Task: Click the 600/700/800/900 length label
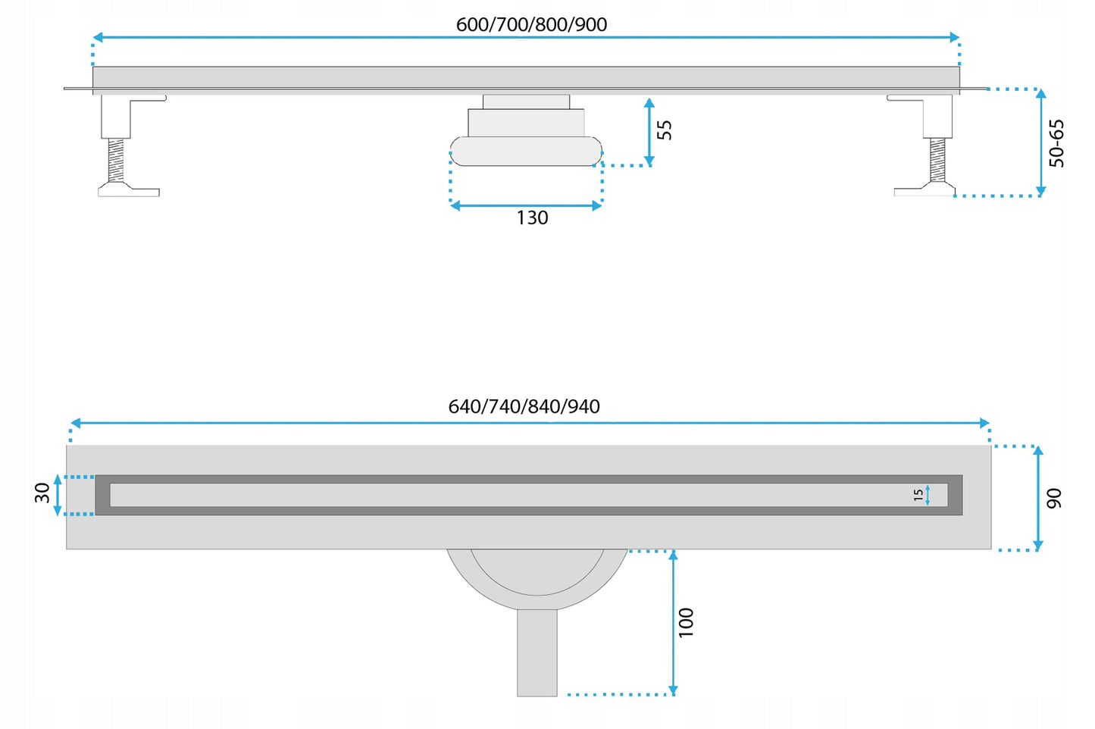[531, 24]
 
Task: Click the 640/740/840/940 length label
[524, 406]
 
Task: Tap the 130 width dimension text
[533, 218]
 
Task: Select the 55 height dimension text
[665, 130]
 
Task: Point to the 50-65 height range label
[1056, 143]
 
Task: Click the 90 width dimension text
[1054, 498]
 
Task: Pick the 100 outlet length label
[686, 622]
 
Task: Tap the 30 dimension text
[42, 493]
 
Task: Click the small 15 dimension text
[918, 496]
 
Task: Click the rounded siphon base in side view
[526, 151]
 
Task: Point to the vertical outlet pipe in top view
[537, 652]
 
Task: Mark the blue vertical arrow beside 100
[673, 622]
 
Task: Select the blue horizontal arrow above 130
[526, 206]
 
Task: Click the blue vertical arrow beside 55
[649, 132]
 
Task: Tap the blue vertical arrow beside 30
[58, 495]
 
